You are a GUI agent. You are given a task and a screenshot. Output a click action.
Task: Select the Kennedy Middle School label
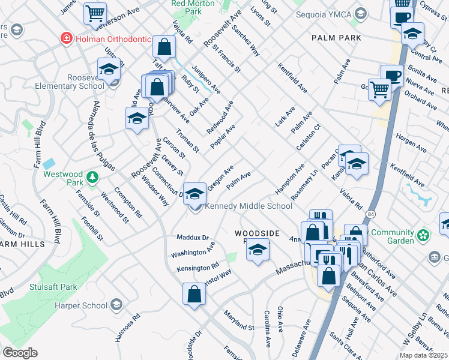249,206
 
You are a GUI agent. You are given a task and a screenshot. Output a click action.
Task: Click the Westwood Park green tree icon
91,177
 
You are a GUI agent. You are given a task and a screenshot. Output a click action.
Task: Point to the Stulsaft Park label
53,287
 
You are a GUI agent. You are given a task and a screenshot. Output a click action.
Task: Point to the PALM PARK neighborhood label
336,38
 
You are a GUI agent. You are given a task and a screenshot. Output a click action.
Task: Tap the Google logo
20,353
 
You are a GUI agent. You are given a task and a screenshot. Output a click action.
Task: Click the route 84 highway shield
372,214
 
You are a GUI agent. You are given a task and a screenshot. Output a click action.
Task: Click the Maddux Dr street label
192,238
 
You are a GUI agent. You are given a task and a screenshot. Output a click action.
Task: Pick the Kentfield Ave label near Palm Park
292,79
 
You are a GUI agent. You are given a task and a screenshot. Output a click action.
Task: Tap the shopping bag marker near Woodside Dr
193,295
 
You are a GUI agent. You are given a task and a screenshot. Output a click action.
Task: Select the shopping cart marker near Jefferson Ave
95,13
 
